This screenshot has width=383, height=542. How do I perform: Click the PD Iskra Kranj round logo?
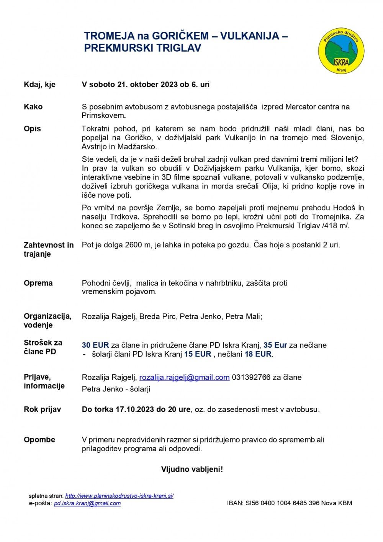tap(341, 51)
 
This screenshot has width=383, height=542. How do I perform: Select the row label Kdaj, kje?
tap(39, 85)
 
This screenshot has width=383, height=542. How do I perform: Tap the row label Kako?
tap(33, 107)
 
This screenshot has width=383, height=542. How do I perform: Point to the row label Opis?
tap(32, 129)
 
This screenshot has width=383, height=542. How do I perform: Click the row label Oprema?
tap(38, 283)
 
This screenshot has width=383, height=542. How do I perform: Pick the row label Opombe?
tap(39, 440)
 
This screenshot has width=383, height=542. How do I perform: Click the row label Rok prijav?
tap(42, 409)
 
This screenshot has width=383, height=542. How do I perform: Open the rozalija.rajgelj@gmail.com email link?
tap(184, 378)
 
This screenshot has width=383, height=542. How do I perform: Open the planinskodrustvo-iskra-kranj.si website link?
tap(119, 496)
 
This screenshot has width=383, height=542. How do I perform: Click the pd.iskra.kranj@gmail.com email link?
tap(87, 503)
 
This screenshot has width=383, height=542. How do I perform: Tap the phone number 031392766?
tap(251, 378)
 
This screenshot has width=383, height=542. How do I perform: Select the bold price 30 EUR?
tap(95, 345)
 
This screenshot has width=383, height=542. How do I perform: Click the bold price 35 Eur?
tap(275, 345)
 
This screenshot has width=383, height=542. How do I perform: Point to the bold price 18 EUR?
tap(258, 354)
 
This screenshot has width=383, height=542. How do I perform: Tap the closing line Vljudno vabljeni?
tap(192, 469)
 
